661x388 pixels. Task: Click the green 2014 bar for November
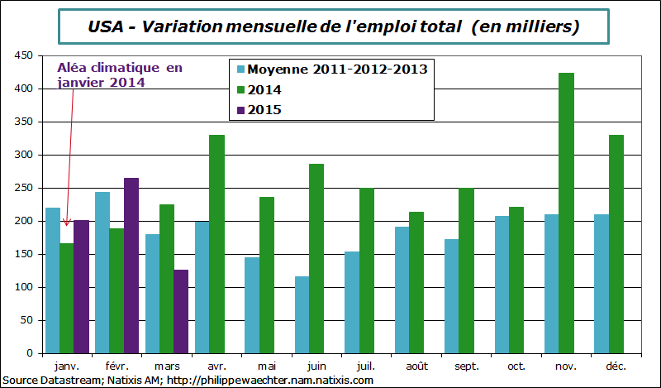click(566, 213)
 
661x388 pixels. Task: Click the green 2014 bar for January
click(66, 298)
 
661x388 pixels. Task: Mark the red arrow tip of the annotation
click(67, 224)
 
